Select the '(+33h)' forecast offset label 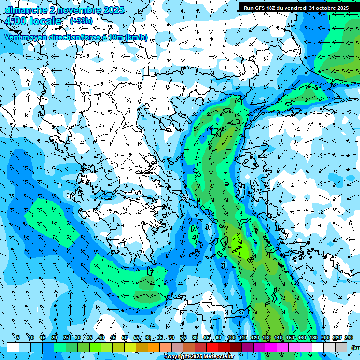point(82,21)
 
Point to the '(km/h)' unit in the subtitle point(136,37)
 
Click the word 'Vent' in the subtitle point(14,37)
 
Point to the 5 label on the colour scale point(18,337)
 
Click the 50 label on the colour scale point(124,337)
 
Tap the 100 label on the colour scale point(231,337)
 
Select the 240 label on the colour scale point(349,337)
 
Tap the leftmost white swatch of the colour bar point(13,347)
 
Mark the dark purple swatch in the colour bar point(247,347)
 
